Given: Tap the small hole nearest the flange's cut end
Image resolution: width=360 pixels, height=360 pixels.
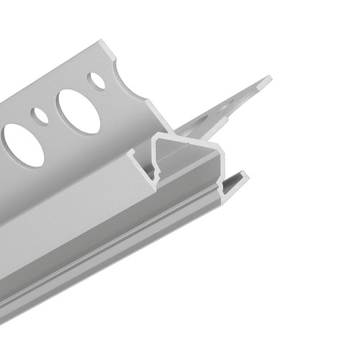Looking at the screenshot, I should [96, 80].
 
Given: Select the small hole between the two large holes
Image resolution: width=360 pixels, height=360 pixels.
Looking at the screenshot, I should [42, 115].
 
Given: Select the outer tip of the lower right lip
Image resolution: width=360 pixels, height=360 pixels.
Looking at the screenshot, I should [245, 175].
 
